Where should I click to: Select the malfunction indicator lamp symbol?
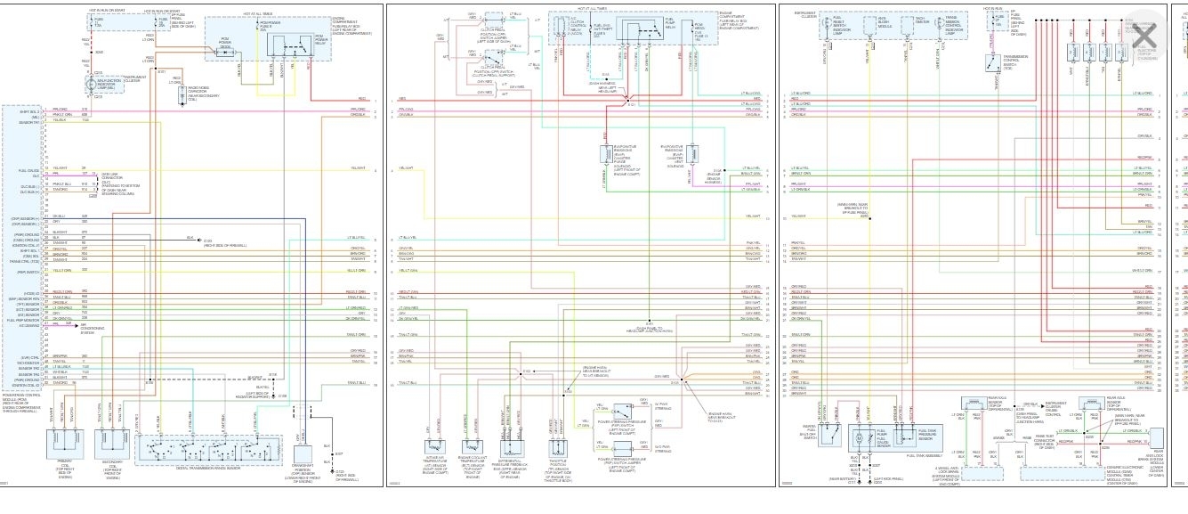[x=93, y=83]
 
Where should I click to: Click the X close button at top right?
[x=1144, y=36]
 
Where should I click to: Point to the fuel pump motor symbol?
[x=860, y=438]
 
